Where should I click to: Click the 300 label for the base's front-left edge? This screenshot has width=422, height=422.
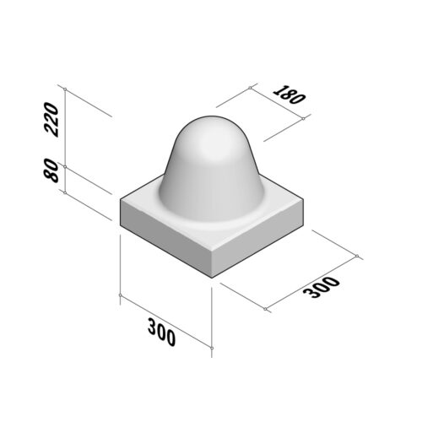(161, 332)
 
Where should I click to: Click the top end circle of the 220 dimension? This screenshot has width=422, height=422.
(64, 87)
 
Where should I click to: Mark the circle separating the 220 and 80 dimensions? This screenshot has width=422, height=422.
(64, 167)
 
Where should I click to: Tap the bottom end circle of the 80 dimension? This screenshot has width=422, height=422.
(64, 192)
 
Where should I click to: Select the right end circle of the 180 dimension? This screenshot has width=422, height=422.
(302, 118)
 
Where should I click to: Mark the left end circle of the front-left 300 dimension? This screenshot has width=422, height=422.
(121, 295)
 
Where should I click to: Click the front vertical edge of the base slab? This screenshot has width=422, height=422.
(212, 262)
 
